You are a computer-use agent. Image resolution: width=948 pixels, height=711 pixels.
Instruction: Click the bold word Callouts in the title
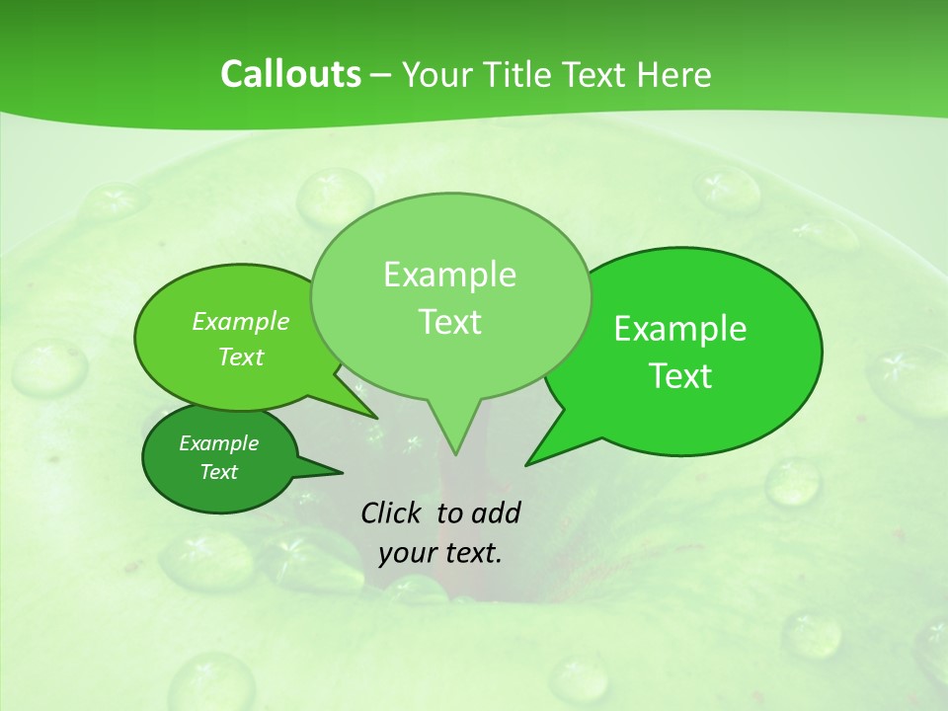(290, 74)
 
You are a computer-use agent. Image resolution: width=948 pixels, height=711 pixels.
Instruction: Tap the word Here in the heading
(675, 74)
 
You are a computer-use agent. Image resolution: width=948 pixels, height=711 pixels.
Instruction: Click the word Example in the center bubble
(449, 275)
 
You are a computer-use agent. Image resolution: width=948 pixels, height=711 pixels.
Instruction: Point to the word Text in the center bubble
(449, 321)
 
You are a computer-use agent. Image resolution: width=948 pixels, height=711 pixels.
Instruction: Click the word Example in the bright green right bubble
(680, 329)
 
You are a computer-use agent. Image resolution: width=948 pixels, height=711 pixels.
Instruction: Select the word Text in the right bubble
(680, 375)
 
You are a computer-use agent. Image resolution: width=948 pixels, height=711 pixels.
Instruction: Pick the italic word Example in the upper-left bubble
(241, 321)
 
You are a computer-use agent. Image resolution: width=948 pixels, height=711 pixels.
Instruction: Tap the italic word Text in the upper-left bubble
(241, 356)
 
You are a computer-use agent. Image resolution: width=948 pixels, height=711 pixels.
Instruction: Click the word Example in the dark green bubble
(218, 443)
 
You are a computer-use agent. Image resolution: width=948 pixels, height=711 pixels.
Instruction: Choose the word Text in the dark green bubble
(218, 472)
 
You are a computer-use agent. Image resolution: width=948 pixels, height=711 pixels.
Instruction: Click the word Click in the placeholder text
(392, 513)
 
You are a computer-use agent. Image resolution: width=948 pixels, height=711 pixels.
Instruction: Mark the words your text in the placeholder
(440, 553)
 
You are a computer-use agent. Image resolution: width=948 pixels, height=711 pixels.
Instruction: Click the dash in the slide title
(382, 75)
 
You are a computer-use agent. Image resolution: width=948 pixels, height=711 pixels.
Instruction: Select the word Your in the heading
(435, 74)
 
